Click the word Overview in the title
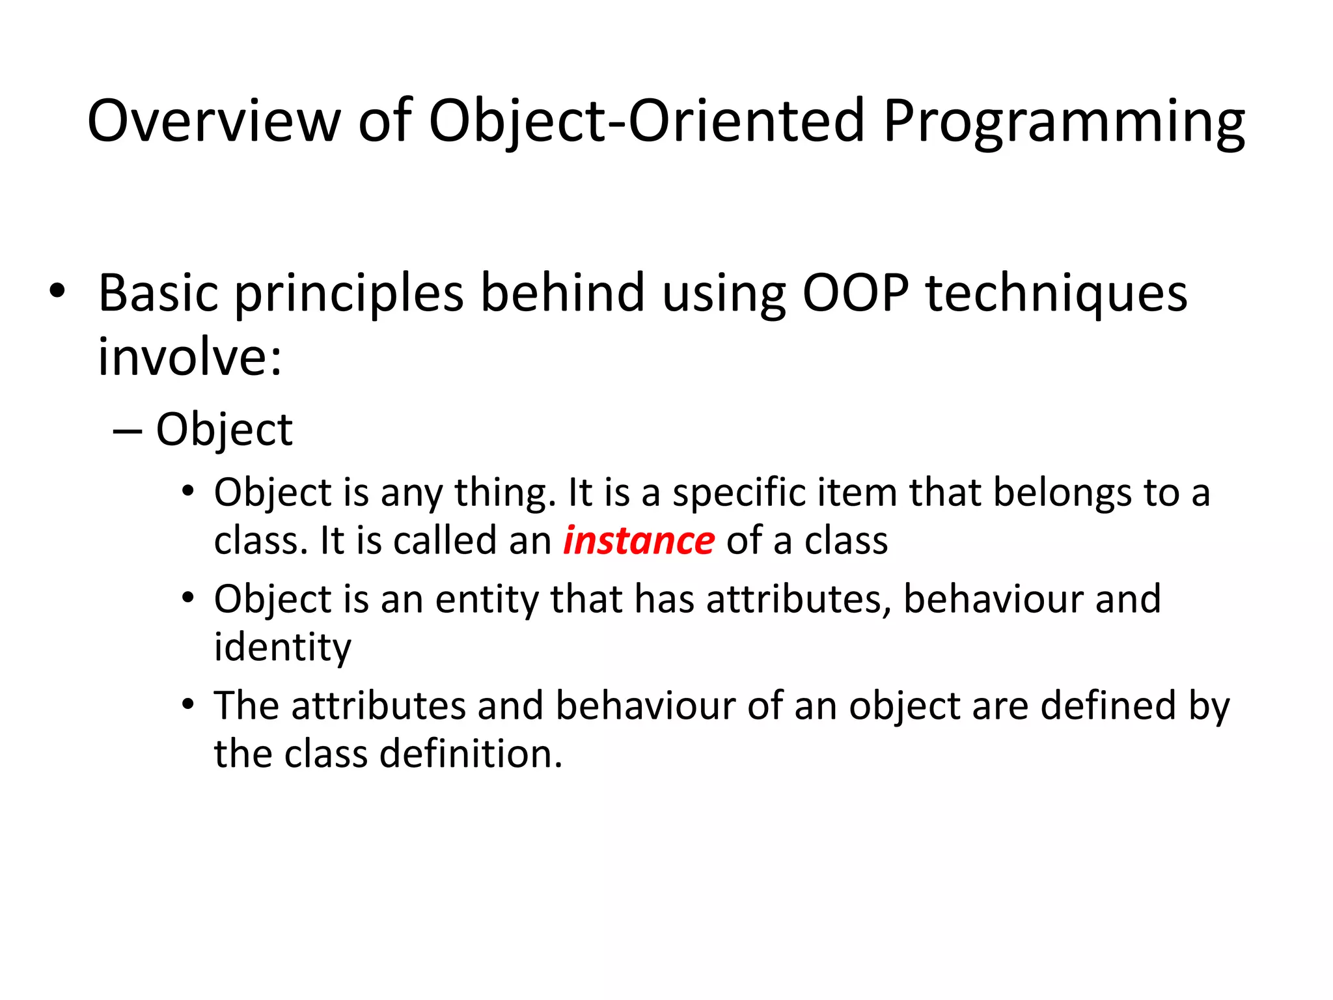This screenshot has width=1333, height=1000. point(213,121)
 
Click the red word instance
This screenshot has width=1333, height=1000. point(639,541)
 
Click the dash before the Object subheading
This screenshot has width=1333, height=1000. point(127,430)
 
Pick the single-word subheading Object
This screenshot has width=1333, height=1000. point(225,431)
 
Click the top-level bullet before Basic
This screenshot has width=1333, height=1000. point(57,291)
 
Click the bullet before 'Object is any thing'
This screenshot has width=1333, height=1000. point(188,490)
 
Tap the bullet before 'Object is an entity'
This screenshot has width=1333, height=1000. point(188,597)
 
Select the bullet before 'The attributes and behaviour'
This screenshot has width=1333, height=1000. point(188,704)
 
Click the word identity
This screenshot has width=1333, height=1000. point(282,648)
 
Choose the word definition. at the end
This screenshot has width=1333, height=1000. point(471,754)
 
